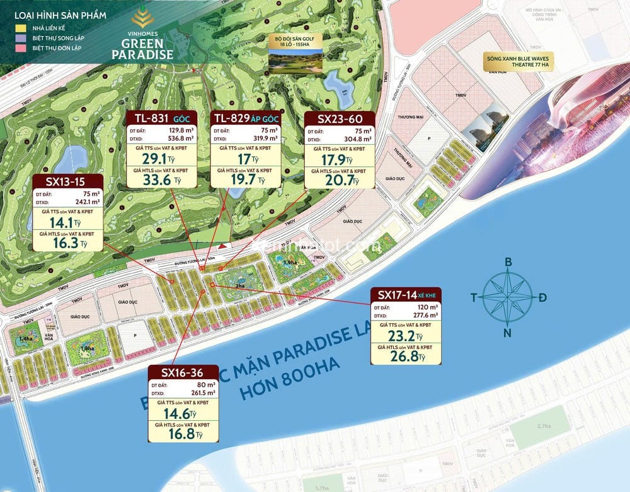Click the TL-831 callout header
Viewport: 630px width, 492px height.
[161, 118]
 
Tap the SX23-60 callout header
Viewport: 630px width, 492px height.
[340, 118]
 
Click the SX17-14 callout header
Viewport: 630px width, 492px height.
[406, 294]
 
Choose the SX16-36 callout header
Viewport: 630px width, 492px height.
[183, 373]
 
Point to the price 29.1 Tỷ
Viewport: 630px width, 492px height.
[158, 159]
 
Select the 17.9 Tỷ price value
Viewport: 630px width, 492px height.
[338, 159]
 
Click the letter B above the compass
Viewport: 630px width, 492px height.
[508, 263]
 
